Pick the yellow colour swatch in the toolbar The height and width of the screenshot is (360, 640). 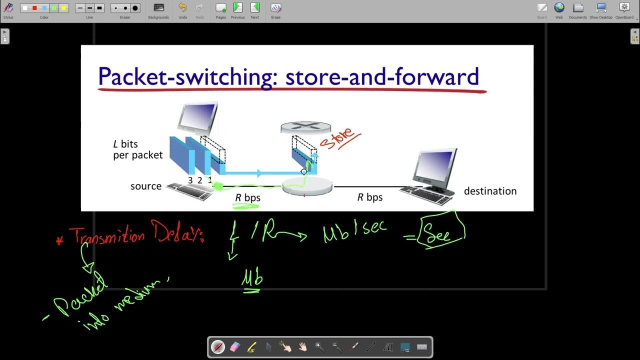click(63, 8)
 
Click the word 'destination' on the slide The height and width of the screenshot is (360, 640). click(490, 191)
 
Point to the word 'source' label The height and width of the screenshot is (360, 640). click(146, 186)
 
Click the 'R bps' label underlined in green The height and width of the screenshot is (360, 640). click(248, 197)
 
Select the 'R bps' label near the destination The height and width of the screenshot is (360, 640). click(370, 197)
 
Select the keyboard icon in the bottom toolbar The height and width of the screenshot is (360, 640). click(421, 347)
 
